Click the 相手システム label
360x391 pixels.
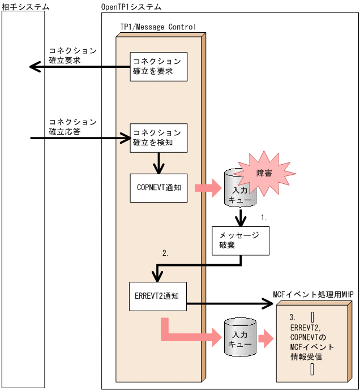[25, 7]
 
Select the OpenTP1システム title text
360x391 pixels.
[131, 7]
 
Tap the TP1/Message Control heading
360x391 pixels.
[158, 27]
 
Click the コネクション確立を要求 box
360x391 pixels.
[158, 67]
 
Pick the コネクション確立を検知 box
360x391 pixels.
[158, 138]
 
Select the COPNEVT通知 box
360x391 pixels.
[158, 187]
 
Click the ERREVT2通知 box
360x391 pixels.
[158, 296]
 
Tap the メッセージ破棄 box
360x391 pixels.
[241, 240]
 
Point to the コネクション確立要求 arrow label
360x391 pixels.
[72, 55]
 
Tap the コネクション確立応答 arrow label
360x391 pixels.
[72, 126]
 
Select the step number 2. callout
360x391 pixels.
[165, 254]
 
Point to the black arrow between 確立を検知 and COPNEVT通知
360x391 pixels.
[158, 164]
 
